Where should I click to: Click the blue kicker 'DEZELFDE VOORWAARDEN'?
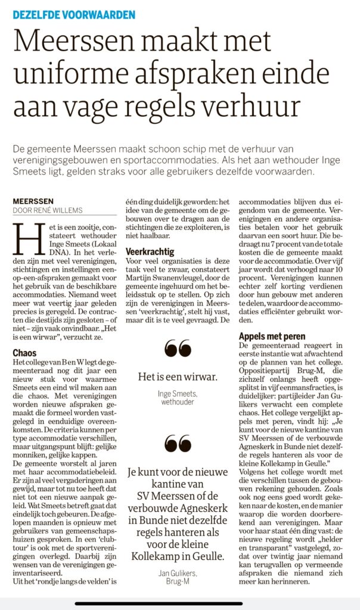pos(74,14)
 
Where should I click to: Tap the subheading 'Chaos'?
pos(24,353)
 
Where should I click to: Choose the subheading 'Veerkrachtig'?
pos(150,252)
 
